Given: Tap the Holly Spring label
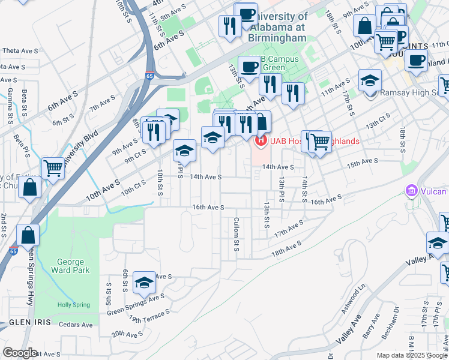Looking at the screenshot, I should [x=73, y=305].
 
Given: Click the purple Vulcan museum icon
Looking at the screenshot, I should [x=412, y=191].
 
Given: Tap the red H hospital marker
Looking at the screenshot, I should [x=261, y=142].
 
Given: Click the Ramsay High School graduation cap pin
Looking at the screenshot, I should [x=370, y=80].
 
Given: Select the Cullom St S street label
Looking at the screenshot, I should [x=237, y=235].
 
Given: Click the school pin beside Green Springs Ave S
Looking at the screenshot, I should [x=144, y=282].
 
